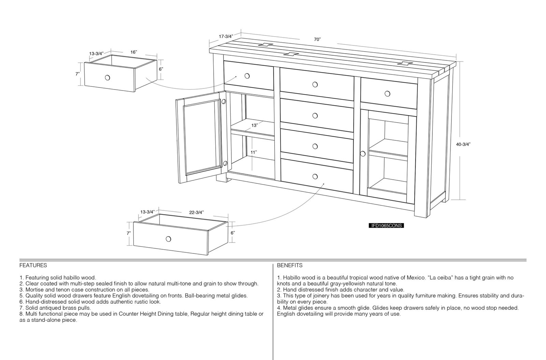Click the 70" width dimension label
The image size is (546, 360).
(x=317, y=40)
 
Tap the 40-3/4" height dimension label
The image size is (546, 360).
(x=463, y=144)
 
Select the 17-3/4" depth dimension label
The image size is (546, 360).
(x=226, y=37)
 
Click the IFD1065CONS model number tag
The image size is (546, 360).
(x=386, y=226)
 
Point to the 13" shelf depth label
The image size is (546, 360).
(x=255, y=125)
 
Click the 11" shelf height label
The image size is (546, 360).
(x=254, y=152)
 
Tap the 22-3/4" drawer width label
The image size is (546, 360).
(x=197, y=212)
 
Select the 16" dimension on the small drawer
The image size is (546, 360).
(x=133, y=52)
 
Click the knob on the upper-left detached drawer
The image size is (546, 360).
(x=107, y=78)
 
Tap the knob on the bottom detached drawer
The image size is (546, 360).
(x=168, y=239)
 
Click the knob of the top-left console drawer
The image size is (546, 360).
(x=247, y=76)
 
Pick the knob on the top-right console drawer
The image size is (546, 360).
(x=387, y=94)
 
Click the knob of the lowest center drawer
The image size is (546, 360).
(x=315, y=176)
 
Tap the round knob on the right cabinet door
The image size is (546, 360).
(x=363, y=154)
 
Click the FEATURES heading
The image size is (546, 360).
(x=33, y=265)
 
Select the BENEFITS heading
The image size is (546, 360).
(x=290, y=265)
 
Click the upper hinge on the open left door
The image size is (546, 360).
(x=224, y=101)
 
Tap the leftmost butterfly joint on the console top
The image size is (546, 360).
(x=265, y=45)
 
